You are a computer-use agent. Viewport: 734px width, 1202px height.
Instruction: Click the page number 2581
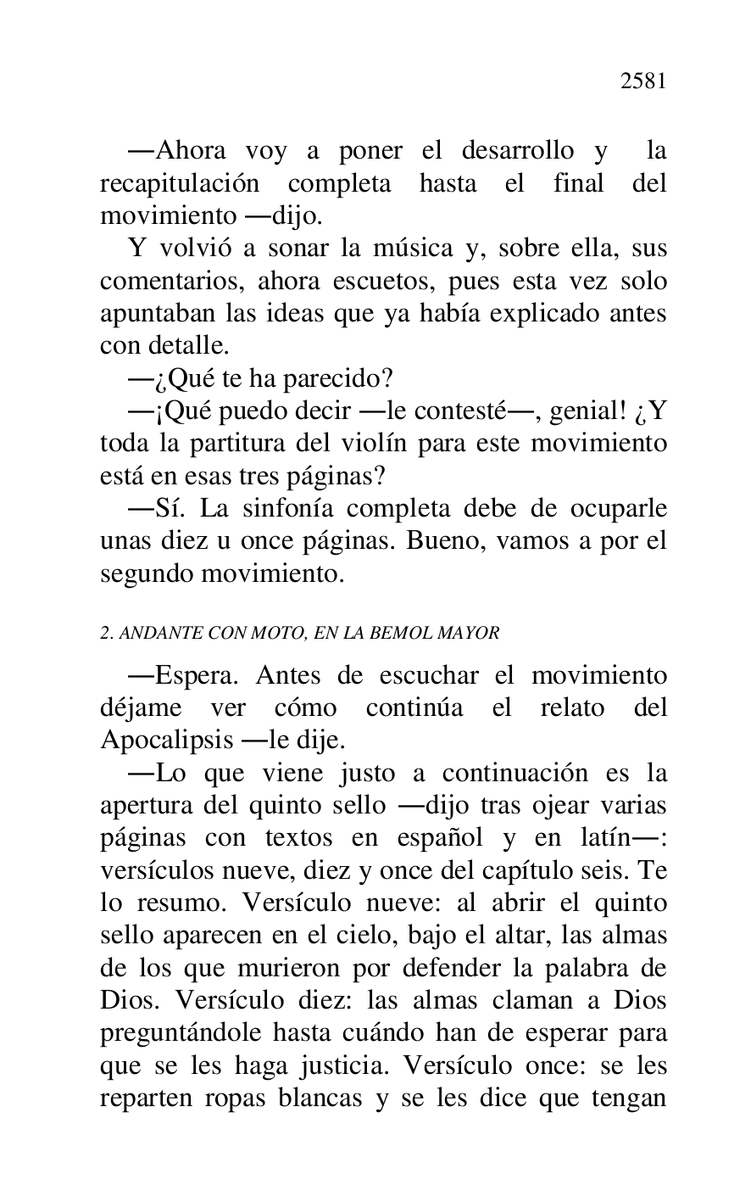[643, 81]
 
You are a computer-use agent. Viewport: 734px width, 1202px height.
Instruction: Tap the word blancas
[310, 1099]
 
